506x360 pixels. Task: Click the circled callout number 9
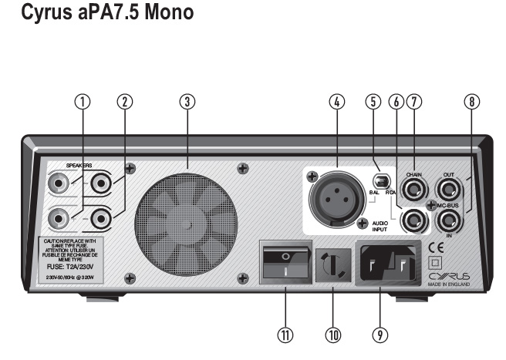[379, 335]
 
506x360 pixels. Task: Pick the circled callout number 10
[334, 335]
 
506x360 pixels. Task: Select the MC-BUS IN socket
[447, 223]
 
